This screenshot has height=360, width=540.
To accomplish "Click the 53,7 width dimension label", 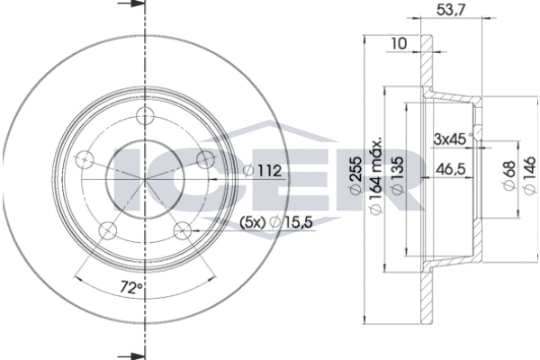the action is point(451,9).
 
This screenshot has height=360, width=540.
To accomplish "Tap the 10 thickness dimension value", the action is point(399,44).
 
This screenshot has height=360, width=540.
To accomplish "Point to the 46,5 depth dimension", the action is point(451,169).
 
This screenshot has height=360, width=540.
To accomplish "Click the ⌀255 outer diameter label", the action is point(356,175).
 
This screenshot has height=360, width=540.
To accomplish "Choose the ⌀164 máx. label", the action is point(375,175).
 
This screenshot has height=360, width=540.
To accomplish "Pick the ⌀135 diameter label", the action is point(398,175).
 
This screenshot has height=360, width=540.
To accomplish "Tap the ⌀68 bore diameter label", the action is point(509,175).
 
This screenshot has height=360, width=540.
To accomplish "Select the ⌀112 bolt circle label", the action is point(263,170).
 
